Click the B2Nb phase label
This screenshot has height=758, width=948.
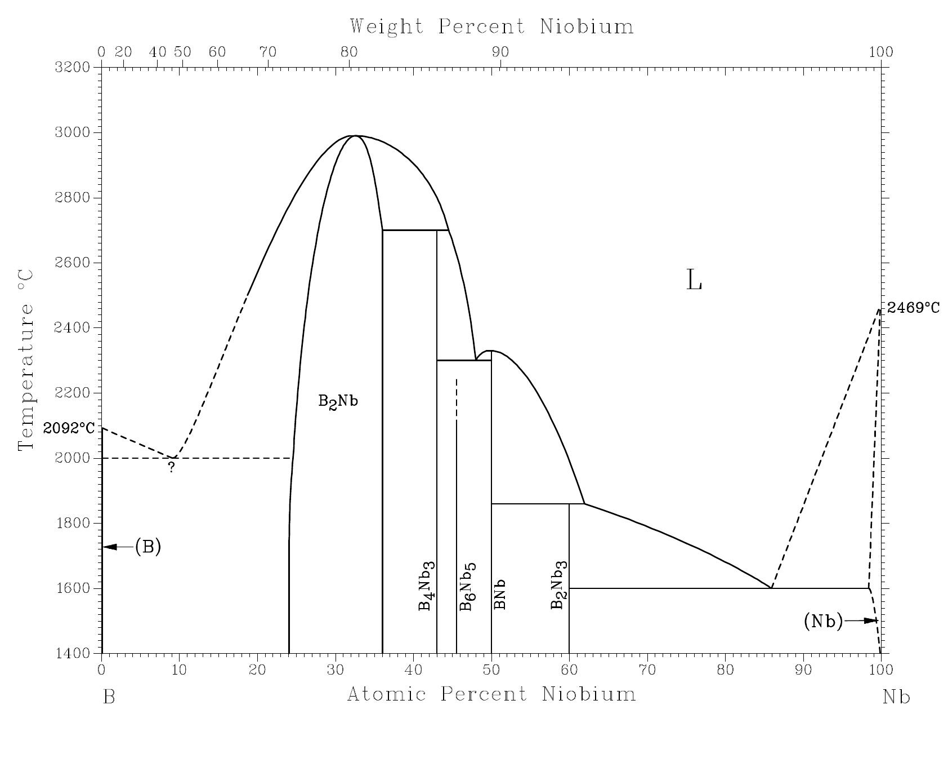[338, 402]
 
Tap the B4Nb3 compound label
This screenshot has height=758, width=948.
[426, 586]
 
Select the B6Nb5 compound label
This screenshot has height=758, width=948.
[467, 587]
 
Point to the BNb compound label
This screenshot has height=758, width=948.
[499, 594]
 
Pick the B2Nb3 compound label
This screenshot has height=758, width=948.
[558, 586]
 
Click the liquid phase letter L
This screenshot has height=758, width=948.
[694, 280]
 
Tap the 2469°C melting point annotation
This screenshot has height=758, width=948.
[913, 308]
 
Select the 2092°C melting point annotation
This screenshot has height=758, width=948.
[69, 428]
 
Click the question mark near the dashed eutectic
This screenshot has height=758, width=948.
[172, 467]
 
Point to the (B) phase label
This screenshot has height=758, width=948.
[148, 547]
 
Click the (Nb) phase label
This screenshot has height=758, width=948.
[823, 621]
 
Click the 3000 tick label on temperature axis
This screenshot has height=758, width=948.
[72, 132]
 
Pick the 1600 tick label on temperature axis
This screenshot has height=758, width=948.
[72, 588]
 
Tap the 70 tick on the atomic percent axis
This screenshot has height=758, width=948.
[647, 670]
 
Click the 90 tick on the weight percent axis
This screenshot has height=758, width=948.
[500, 52]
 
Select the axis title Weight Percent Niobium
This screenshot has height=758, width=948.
[491, 26]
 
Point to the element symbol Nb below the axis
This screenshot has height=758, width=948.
[896, 698]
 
